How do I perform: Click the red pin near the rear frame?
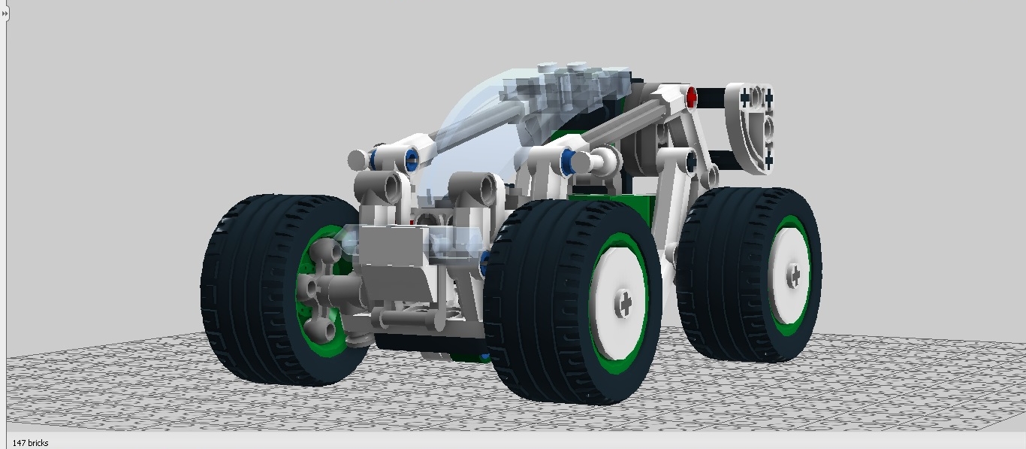[x=691, y=97]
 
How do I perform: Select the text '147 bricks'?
[x=30, y=442]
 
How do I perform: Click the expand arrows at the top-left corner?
[x=5, y=14]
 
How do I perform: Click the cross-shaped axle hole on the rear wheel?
[x=794, y=275]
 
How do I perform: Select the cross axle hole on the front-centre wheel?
[x=624, y=302]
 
